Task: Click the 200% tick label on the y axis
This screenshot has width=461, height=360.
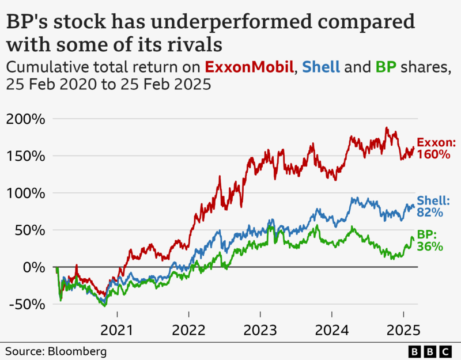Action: [25, 119]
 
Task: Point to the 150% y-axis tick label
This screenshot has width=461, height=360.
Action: [25, 156]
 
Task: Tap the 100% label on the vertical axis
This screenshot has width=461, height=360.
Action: [25, 193]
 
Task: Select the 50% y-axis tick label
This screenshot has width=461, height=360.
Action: [29, 230]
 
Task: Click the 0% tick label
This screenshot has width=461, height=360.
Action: [33, 267]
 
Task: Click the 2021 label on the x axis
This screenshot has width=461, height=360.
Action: [118, 331]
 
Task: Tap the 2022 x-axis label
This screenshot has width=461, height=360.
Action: [189, 331]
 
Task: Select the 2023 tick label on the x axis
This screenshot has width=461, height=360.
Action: [260, 331]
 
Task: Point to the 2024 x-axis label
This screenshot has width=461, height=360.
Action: [332, 331]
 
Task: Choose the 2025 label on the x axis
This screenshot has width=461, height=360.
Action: [403, 331]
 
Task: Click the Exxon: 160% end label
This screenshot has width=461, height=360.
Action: [436, 148]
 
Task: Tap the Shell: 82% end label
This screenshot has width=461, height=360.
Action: [433, 206]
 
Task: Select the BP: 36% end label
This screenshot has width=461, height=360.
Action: [430, 241]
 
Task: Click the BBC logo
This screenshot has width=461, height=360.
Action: [430, 351]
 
